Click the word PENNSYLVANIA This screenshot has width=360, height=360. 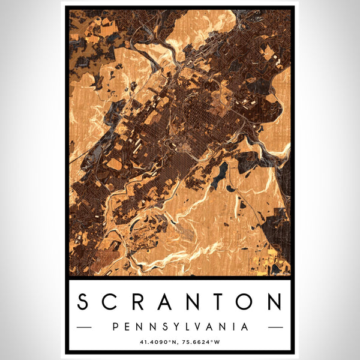click(x=180, y=327)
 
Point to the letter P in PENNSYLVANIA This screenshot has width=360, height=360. click(x=115, y=327)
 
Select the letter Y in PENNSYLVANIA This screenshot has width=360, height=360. click(x=175, y=327)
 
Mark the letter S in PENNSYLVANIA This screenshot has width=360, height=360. click(x=163, y=327)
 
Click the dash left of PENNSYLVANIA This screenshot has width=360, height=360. click(x=85, y=328)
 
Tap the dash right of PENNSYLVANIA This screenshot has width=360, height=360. click(x=275, y=328)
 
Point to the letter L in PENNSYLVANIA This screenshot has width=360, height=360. click(x=186, y=327)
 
